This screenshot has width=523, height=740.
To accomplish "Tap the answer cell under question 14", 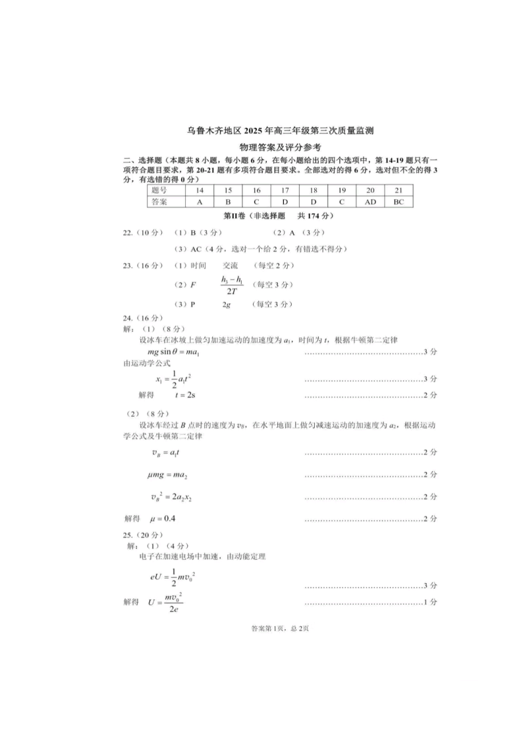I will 200,202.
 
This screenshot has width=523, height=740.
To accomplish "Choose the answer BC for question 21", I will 398,202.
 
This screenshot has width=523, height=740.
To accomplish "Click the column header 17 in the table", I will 285,190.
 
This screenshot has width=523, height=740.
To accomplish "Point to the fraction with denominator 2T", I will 233,285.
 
